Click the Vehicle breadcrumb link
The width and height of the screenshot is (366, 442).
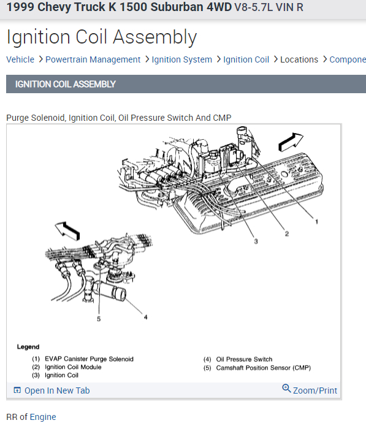pos(20,59)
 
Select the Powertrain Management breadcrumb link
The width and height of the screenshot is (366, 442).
pos(93,59)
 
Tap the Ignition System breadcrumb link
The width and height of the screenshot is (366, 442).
pos(182,59)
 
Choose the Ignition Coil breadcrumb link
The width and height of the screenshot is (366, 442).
pos(246,59)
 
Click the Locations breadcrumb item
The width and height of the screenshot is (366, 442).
pos(299,59)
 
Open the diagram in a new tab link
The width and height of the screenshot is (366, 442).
pos(51,391)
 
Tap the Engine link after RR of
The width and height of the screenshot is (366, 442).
pos(43,417)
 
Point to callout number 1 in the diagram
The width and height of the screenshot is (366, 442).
pos(317,222)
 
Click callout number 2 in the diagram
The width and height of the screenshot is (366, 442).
pos(287,234)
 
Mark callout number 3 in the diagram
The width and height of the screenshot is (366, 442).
pos(256,242)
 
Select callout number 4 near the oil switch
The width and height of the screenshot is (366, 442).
pos(145,317)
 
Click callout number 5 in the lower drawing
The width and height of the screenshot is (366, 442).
pos(99,319)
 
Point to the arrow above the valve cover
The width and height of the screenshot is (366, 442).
pos(291,142)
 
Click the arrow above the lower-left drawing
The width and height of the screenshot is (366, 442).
pos(67,231)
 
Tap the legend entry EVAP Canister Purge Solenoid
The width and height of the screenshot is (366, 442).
pos(89,359)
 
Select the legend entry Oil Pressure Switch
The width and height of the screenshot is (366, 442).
pos(244,359)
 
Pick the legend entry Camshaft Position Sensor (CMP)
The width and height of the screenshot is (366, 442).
pos(264,368)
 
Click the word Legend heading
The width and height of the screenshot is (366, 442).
pos(28,347)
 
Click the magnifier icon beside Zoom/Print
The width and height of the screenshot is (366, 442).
pos(286,388)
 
